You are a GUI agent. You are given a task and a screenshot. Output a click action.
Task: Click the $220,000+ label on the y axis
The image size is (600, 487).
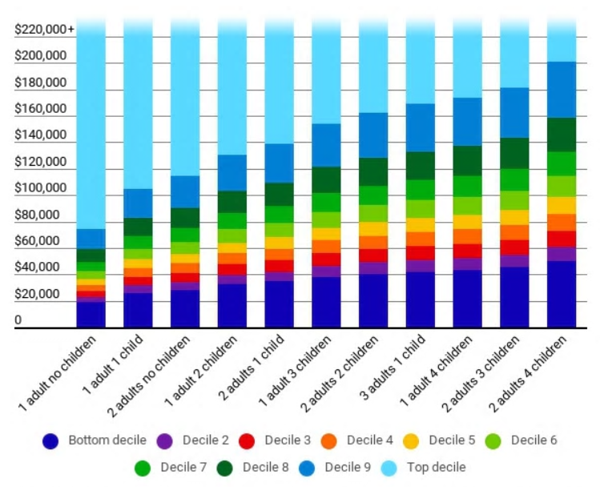[x=44, y=30]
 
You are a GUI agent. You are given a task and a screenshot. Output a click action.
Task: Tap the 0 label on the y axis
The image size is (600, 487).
[x=18, y=320]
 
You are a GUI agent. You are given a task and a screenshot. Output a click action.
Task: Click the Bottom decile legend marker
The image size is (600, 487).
[x=51, y=441]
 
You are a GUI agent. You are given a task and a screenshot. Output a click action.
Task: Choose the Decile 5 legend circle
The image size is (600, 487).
[x=412, y=441]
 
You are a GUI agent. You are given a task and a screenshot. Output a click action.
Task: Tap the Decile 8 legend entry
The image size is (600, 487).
[x=226, y=466]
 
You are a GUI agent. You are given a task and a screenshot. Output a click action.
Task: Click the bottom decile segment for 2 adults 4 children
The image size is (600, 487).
[x=562, y=294]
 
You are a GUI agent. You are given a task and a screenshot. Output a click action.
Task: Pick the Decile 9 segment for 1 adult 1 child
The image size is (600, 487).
[x=138, y=203]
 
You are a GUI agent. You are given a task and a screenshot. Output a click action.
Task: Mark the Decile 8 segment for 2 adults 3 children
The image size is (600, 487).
[x=514, y=153]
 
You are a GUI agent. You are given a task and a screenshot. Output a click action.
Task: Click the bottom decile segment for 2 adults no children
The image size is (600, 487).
[x=185, y=308]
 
